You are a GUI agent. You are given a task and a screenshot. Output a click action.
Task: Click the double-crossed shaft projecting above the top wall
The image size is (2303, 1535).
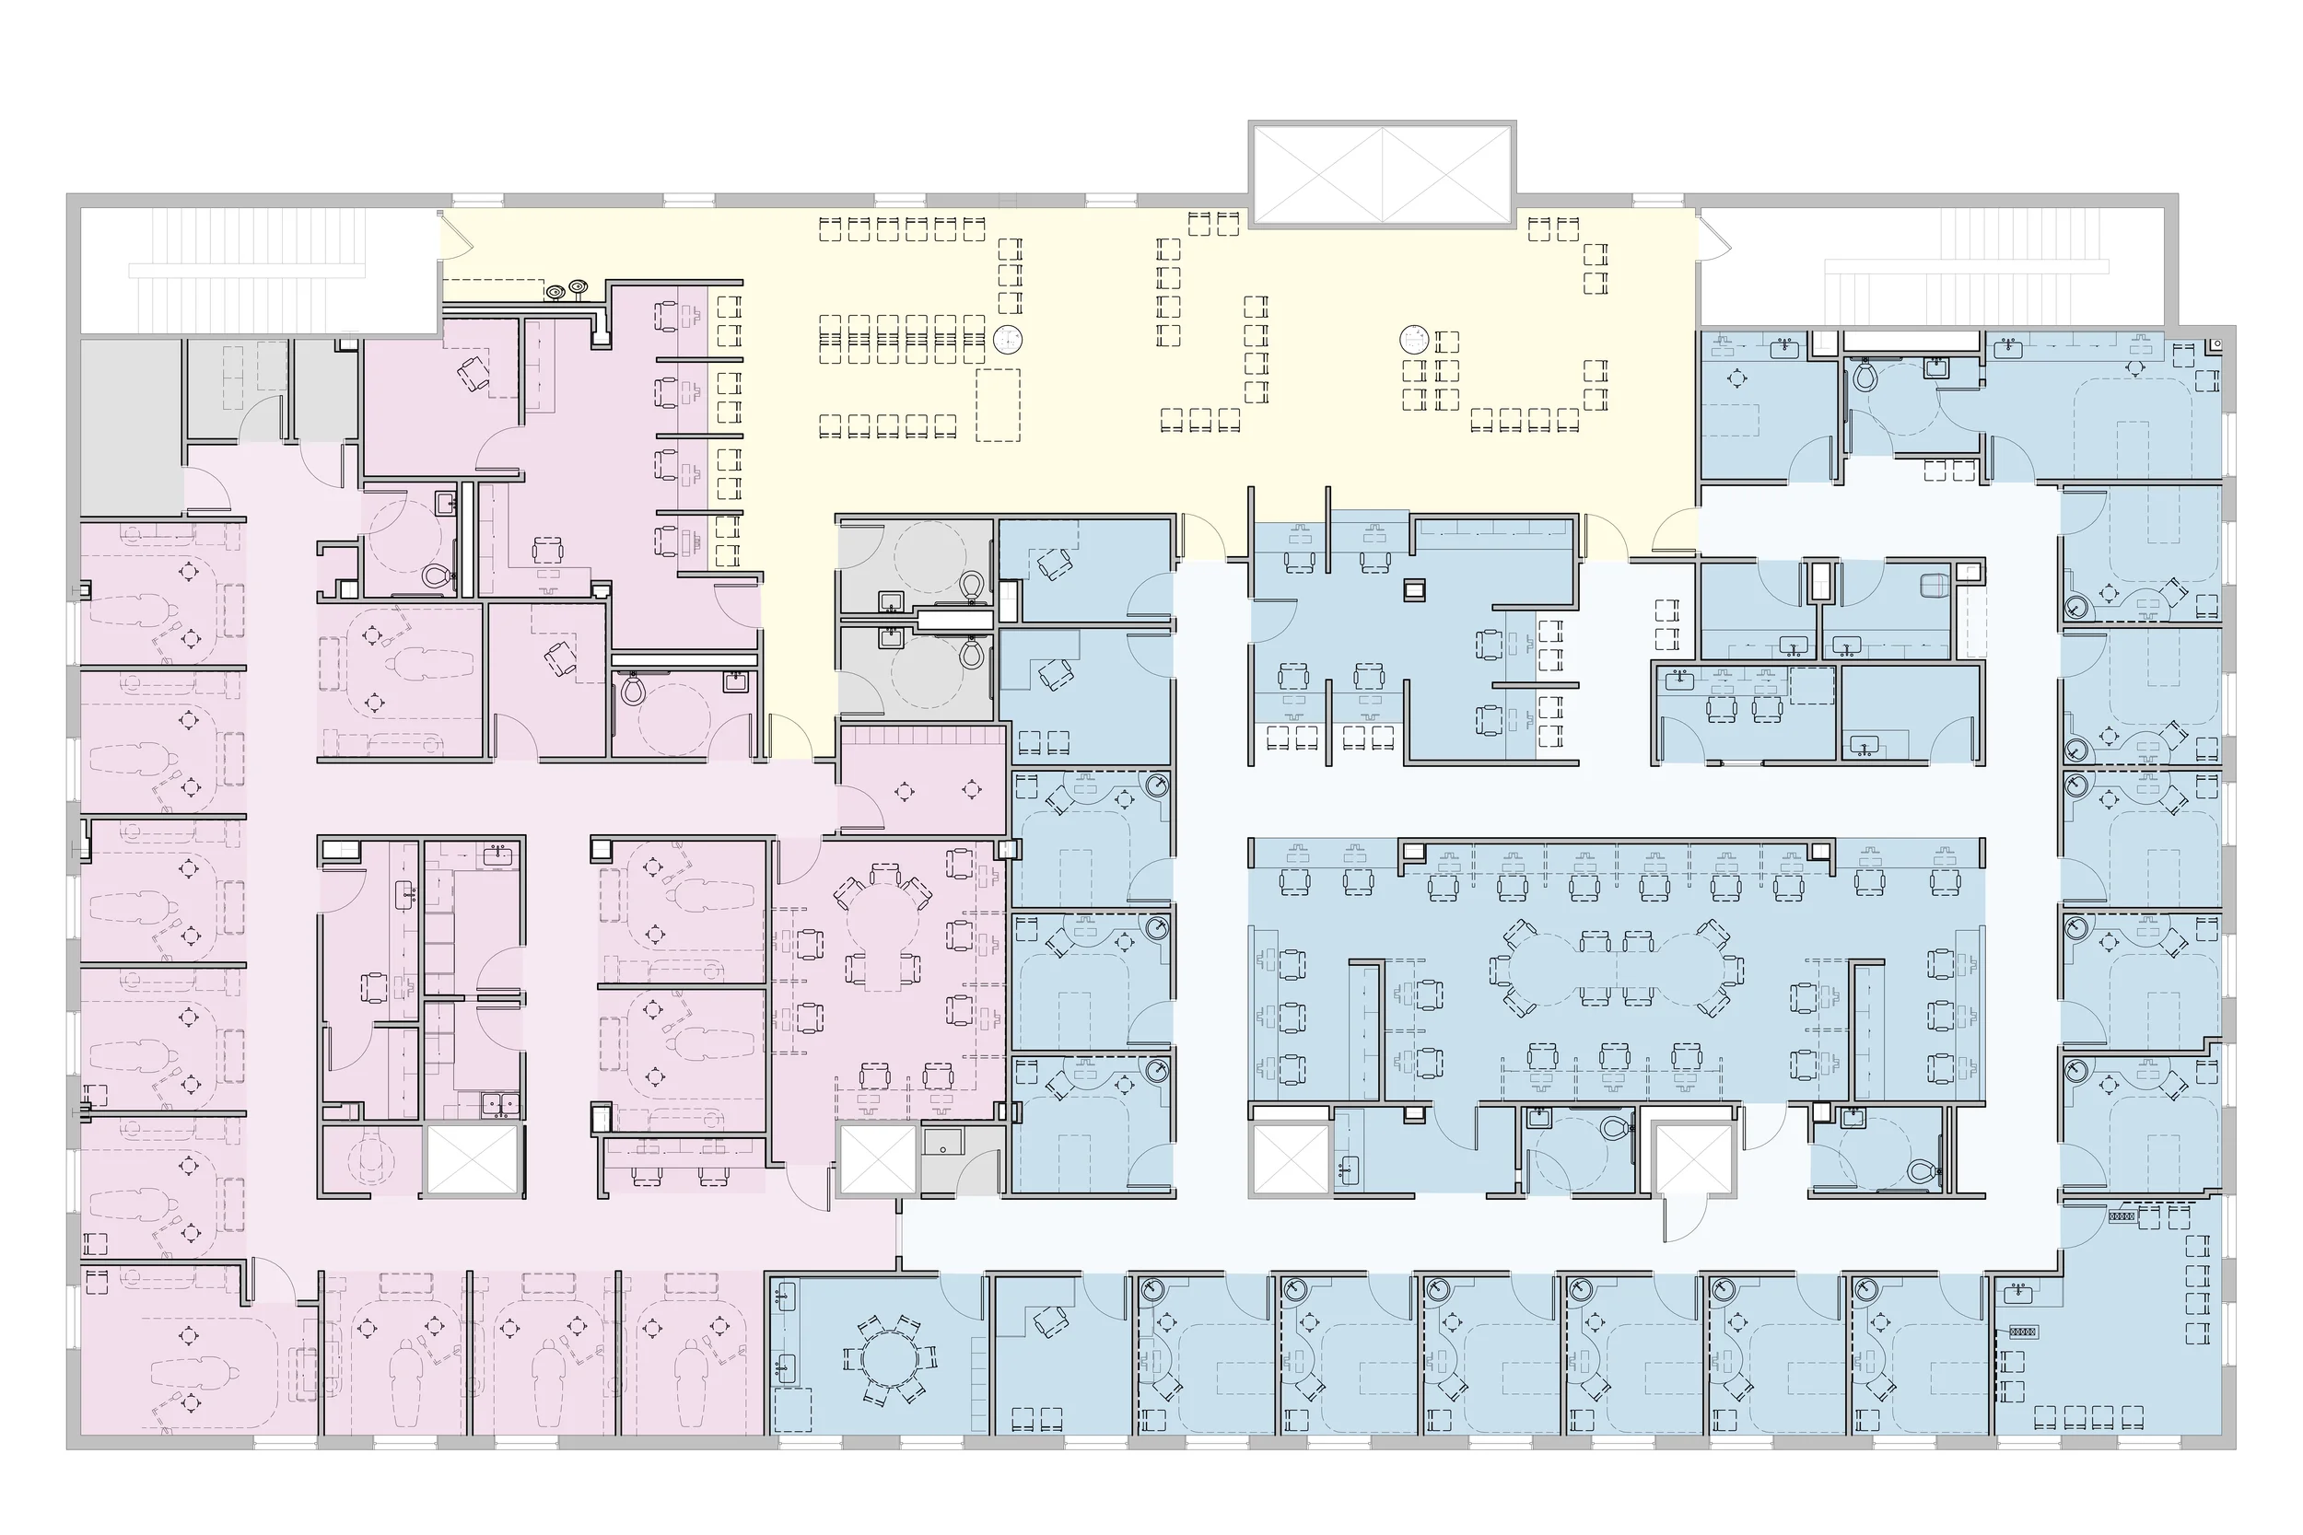click(x=1382, y=174)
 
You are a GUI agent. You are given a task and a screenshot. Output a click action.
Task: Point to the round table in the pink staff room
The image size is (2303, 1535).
click(x=884, y=924)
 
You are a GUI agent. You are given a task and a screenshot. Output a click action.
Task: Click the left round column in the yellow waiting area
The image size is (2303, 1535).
click(x=1008, y=340)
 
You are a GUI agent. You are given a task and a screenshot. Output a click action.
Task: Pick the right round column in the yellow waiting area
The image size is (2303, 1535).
click(x=1414, y=340)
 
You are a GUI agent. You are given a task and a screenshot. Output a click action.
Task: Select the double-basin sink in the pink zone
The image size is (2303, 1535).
click(x=502, y=1104)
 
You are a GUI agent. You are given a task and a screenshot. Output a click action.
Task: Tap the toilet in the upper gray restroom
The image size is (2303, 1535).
click(x=972, y=586)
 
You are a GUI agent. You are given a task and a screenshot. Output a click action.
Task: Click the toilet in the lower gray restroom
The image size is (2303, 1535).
click(x=971, y=653)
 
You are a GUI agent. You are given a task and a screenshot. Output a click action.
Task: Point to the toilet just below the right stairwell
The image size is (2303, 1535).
click(x=1865, y=375)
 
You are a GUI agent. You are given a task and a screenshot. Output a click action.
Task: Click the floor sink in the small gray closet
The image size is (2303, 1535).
click(x=944, y=1142)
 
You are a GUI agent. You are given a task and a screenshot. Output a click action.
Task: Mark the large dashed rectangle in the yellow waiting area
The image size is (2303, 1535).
click(x=998, y=404)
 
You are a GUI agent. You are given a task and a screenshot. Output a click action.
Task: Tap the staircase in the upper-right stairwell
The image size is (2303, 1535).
click(x=1968, y=266)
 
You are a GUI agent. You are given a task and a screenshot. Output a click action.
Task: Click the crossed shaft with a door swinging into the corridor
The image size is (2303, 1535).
click(x=1693, y=1160)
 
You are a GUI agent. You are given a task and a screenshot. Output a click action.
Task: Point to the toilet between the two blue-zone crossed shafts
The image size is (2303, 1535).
click(x=1614, y=1129)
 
